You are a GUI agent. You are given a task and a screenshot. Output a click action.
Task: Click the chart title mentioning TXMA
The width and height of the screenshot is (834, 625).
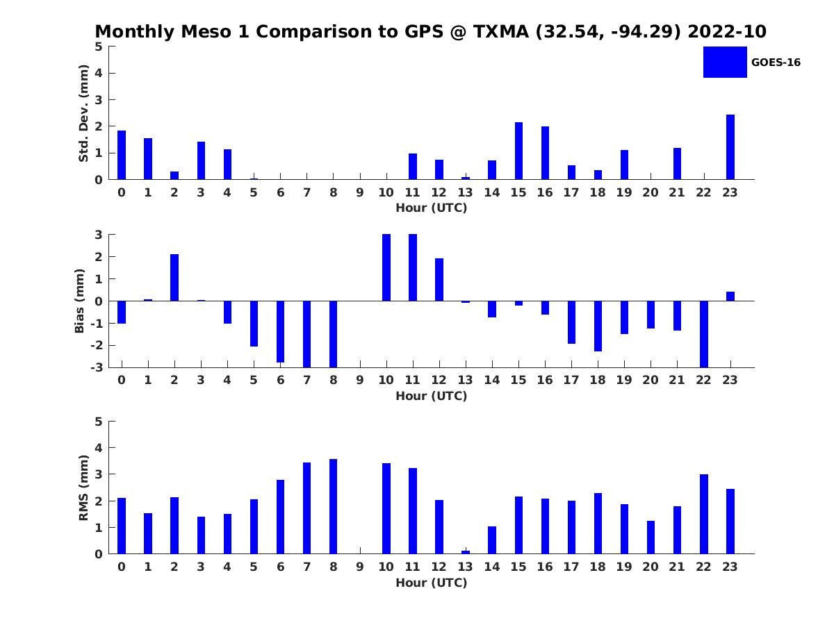tap(430, 32)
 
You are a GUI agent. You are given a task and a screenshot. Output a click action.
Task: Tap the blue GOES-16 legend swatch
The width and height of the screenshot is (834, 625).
tap(724, 62)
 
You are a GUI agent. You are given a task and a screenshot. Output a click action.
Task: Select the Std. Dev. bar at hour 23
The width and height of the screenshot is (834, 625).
tap(730, 147)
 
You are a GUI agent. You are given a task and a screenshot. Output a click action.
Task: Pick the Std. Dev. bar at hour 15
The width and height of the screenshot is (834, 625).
tap(518, 151)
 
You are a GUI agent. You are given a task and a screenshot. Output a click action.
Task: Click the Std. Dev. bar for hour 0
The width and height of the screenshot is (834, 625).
tap(122, 155)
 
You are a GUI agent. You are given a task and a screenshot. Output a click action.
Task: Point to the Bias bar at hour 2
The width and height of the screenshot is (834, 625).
tap(174, 278)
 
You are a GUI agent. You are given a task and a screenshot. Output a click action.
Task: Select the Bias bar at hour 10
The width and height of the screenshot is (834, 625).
tap(386, 267)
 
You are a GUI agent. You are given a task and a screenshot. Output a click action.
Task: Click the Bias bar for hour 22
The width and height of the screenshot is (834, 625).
tap(703, 334)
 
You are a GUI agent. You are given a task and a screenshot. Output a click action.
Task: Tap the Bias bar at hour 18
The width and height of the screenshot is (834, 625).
tap(598, 326)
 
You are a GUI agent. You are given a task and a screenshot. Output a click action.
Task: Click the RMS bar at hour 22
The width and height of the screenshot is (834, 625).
tap(703, 514)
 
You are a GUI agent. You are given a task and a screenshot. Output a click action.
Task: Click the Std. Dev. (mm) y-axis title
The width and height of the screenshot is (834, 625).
tap(83, 113)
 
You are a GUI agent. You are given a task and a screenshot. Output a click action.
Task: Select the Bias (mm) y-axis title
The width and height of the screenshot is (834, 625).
tap(80, 301)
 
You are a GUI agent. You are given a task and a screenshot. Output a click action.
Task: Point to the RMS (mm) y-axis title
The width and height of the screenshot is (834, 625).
tap(83, 487)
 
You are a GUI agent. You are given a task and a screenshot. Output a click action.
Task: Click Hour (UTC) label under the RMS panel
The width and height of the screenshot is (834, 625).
tap(431, 583)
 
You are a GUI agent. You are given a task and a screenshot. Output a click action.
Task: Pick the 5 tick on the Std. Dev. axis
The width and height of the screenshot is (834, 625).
tap(99, 47)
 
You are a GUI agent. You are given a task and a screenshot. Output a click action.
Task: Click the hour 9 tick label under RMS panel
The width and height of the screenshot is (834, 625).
tap(359, 567)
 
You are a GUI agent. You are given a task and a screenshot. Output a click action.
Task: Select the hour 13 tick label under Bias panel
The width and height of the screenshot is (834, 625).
tap(465, 380)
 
